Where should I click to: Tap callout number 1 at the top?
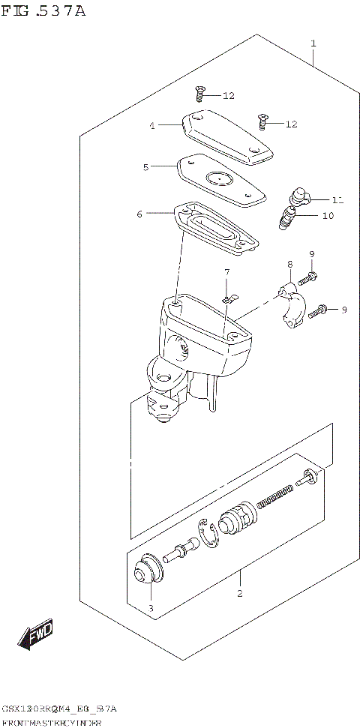313,43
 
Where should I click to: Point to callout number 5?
146,167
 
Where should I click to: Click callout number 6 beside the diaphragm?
139,214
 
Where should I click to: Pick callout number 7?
226,271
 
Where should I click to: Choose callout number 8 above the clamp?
289,265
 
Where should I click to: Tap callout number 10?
328,216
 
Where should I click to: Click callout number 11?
337,199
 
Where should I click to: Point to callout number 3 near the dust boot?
150,607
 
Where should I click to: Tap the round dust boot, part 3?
144,574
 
